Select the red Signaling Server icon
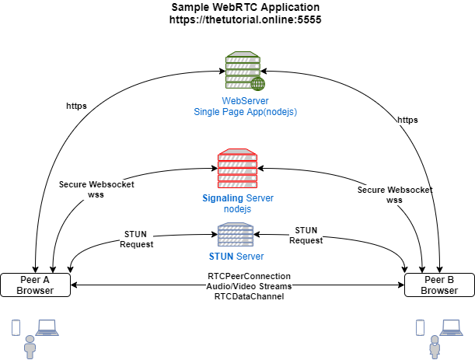(237, 168)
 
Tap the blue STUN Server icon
(236, 235)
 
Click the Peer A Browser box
(35, 285)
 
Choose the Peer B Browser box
(439, 285)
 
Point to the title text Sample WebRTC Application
(245, 7)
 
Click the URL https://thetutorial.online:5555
(245, 19)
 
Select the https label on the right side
(407, 120)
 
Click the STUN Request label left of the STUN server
(136, 239)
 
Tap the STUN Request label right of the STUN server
(306, 235)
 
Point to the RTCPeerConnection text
(249, 276)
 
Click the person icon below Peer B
(433, 346)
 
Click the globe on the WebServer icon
(257, 83)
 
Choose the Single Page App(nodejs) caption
(246, 112)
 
